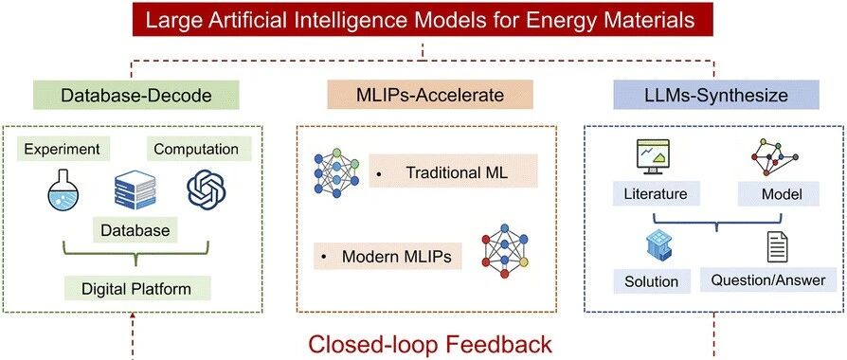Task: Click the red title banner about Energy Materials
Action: coord(423,21)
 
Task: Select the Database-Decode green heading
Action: coord(135,95)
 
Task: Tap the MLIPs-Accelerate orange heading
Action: coord(430,95)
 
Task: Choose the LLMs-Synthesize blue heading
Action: coord(716,95)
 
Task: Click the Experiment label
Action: coord(63,149)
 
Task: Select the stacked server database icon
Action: coord(135,189)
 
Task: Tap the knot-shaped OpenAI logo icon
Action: coord(207,189)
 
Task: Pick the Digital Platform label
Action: coord(136,288)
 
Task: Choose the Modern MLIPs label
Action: coord(387,256)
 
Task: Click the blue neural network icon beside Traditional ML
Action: coord(336,172)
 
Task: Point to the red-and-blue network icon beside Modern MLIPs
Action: coord(505,251)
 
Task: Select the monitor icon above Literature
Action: coord(653,156)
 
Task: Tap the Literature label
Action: coord(657,193)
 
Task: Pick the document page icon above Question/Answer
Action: coord(777,248)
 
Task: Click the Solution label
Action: coord(652,281)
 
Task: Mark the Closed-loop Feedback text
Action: coord(430,344)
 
